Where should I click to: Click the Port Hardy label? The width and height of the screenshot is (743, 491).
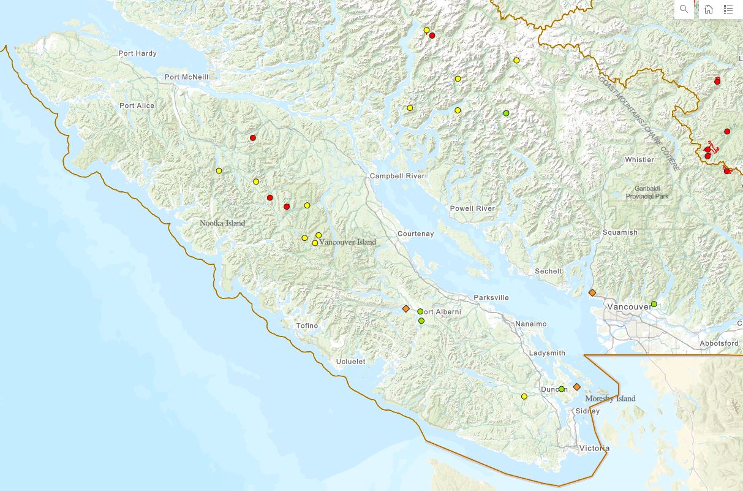tap(138, 53)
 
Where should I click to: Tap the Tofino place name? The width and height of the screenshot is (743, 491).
tap(307, 325)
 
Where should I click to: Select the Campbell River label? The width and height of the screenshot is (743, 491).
tap(397, 176)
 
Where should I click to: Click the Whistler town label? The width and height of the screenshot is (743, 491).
tap(639, 159)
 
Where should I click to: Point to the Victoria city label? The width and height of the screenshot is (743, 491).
tap(594, 448)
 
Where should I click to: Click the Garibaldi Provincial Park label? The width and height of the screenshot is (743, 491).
tap(647, 192)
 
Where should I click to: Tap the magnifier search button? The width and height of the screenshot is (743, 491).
tap(684, 9)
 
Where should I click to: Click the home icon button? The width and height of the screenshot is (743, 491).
tap(708, 9)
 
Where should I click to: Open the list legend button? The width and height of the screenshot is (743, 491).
tap(728, 9)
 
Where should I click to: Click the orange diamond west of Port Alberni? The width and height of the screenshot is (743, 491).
tap(405, 308)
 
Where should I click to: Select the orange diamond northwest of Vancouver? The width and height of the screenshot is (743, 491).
tap(592, 293)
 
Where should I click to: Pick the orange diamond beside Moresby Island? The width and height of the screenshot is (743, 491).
tap(576, 387)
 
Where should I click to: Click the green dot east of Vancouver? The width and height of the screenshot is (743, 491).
tap(654, 304)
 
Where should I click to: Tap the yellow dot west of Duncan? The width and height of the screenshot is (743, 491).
tap(524, 397)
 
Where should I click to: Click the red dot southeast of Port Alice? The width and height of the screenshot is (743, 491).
tap(253, 138)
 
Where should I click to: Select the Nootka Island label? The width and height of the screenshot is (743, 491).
tap(222, 223)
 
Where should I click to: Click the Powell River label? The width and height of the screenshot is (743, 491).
tap(472, 208)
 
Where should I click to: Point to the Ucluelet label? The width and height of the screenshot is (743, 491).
tap(350, 362)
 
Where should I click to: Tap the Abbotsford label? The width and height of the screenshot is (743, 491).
tap(719, 343)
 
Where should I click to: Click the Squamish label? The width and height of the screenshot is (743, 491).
tap(620, 232)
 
